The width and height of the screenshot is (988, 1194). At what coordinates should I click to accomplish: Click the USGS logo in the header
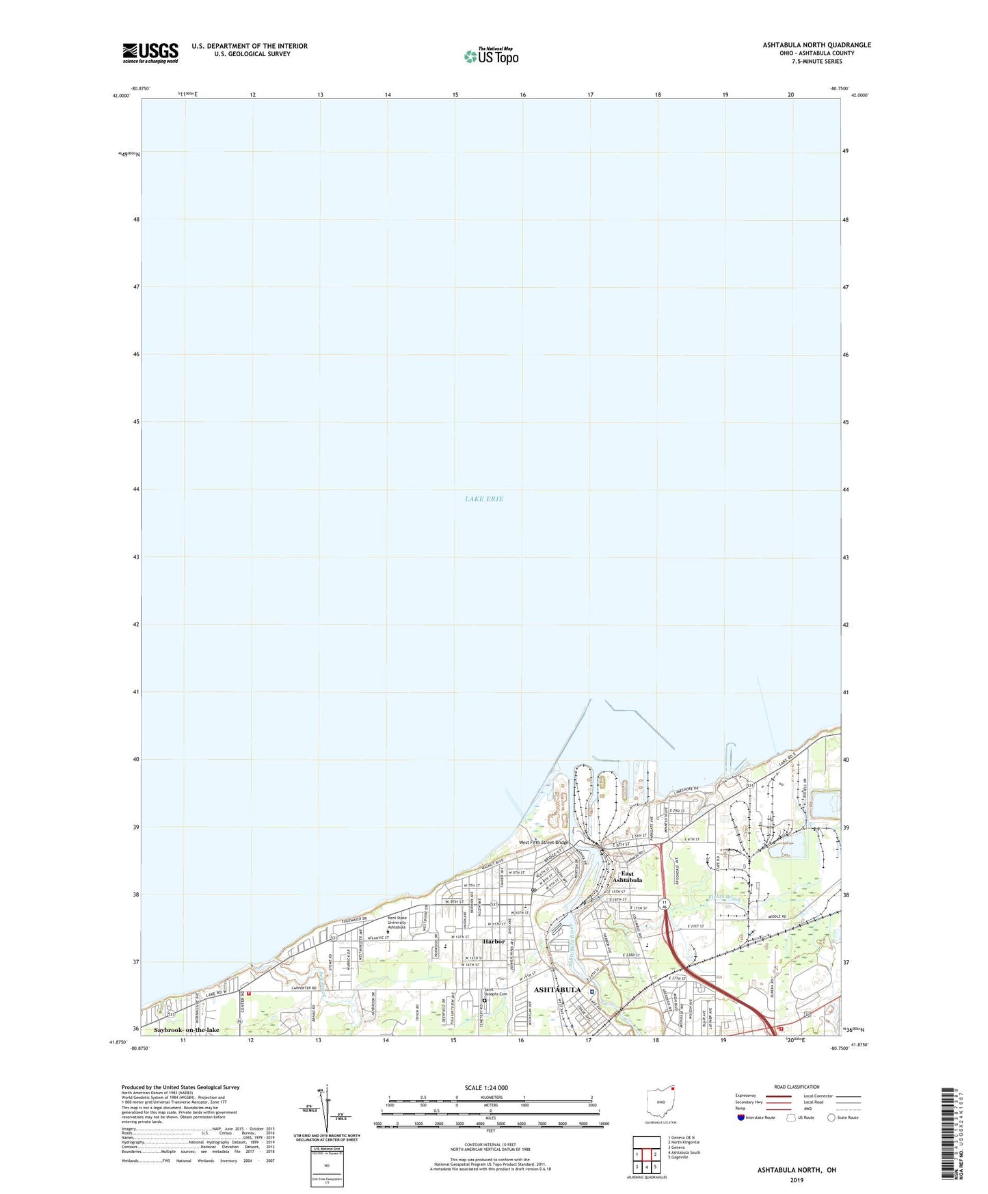(x=150, y=53)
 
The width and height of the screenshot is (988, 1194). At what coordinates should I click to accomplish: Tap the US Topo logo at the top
(x=490, y=56)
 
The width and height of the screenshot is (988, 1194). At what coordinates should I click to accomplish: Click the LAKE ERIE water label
(x=484, y=499)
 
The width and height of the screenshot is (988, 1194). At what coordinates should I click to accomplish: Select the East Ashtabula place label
(x=627, y=877)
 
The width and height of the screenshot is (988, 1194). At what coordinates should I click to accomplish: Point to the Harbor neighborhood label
(x=494, y=942)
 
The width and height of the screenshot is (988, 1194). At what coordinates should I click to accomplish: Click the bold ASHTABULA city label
(x=557, y=990)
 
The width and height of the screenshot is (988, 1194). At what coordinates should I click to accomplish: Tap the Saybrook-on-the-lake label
(x=187, y=1030)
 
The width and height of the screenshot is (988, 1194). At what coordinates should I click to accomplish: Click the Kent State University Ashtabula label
(x=397, y=923)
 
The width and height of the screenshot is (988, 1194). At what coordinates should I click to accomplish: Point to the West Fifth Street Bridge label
(x=544, y=843)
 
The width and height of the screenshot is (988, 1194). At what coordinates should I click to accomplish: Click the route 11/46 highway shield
(x=664, y=905)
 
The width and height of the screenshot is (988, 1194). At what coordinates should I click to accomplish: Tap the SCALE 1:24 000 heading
(x=486, y=1088)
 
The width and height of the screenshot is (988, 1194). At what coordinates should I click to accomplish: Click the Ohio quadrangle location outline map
(x=660, y=1104)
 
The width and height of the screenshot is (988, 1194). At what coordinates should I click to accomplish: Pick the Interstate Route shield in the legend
(x=742, y=1117)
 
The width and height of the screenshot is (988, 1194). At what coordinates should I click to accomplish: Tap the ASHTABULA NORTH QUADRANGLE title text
(x=817, y=45)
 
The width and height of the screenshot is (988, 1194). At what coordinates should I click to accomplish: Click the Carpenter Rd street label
(x=305, y=988)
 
